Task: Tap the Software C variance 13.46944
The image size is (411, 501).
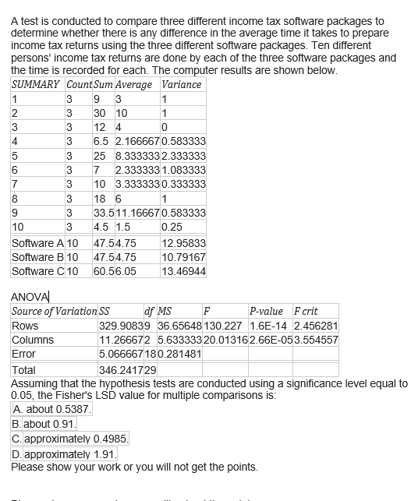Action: tap(183, 271)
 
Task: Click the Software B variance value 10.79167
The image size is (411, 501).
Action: tap(183, 257)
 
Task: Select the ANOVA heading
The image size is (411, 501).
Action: tap(30, 295)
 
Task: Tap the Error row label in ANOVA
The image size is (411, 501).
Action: tap(24, 354)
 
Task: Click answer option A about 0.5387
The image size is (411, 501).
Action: tap(52, 409)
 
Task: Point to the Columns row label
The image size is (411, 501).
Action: tap(33, 340)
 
